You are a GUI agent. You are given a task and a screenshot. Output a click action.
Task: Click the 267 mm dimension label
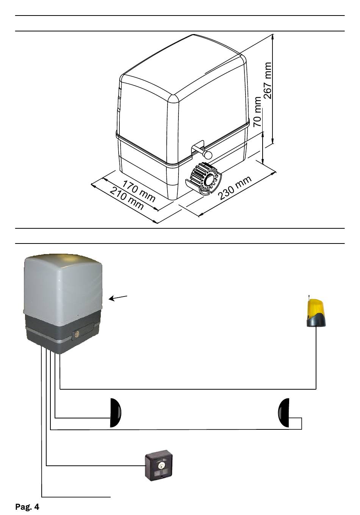[268, 80]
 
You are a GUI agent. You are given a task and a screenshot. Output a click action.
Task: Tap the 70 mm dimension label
[258, 112]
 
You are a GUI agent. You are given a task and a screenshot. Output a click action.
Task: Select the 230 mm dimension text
[235, 187]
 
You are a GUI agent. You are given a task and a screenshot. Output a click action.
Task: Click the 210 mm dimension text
[127, 198]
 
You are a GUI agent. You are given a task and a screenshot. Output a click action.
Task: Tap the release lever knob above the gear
[208, 154]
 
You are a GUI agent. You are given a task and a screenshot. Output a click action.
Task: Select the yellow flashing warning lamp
[316, 311]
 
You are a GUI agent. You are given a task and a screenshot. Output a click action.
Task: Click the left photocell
[116, 413]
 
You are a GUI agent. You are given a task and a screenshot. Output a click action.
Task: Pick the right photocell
[283, 413]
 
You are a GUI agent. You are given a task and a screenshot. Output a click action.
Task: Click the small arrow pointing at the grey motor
[118, 298]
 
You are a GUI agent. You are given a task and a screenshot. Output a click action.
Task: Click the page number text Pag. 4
[27, 507]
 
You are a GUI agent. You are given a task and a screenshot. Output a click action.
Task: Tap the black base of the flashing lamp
[316, 321]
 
